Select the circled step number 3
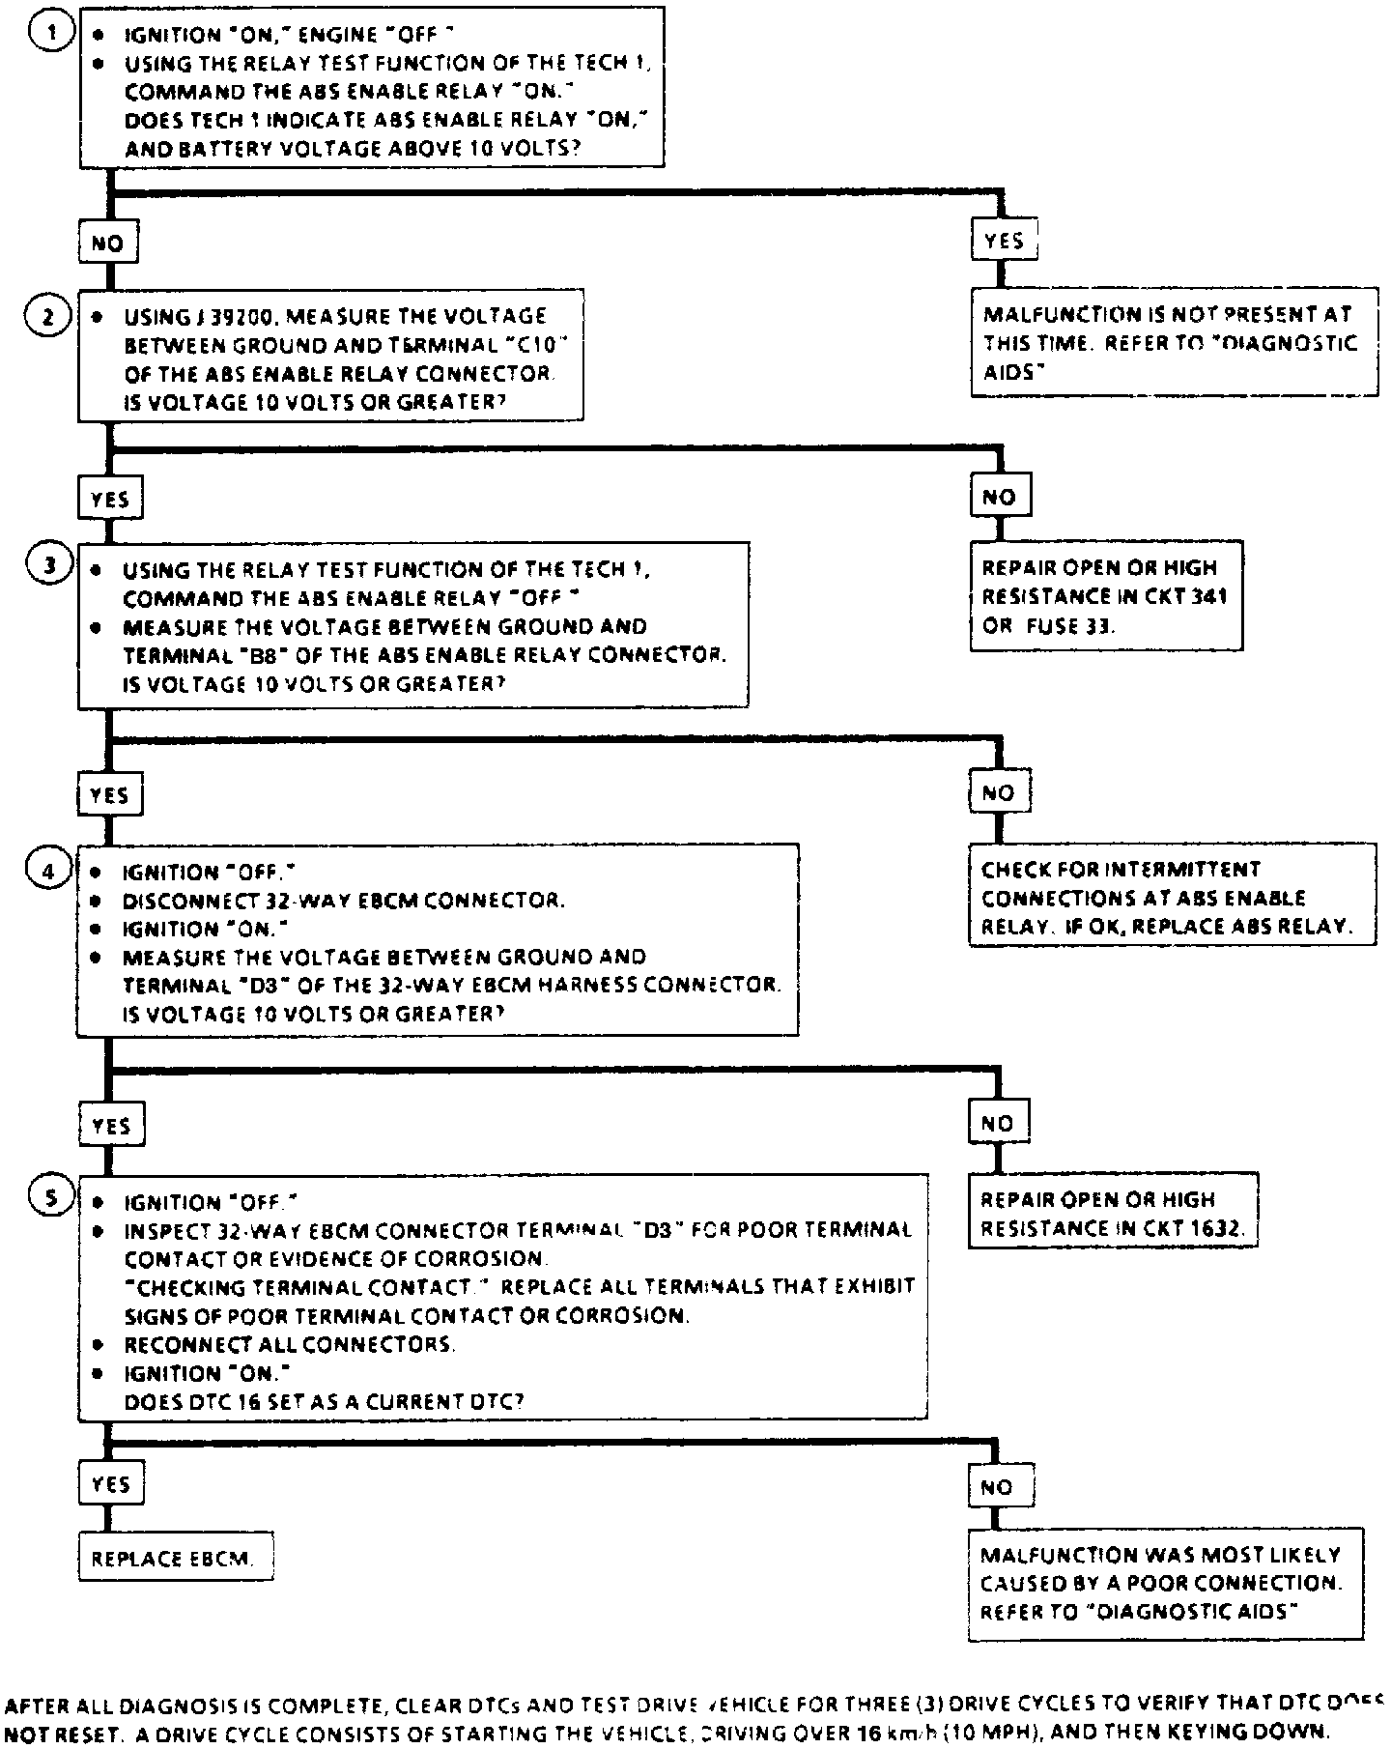click(x=51, y=567)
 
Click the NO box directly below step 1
click(x=107, y=244)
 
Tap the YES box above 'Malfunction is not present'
click(x=1004, y=241)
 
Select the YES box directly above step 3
click(x=109, y=500)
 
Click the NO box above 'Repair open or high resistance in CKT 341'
click(x=1000, y=497)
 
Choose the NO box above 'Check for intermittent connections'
click(x=999, y=793)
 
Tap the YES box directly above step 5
click(x=111, y=1126)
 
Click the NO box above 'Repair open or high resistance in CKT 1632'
click(x=998, y=1123)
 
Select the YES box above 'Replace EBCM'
click(x=110, y=1483)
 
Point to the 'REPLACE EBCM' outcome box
click(x=174, y=1559)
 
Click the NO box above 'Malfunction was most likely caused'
click(x=999, y=1487)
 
